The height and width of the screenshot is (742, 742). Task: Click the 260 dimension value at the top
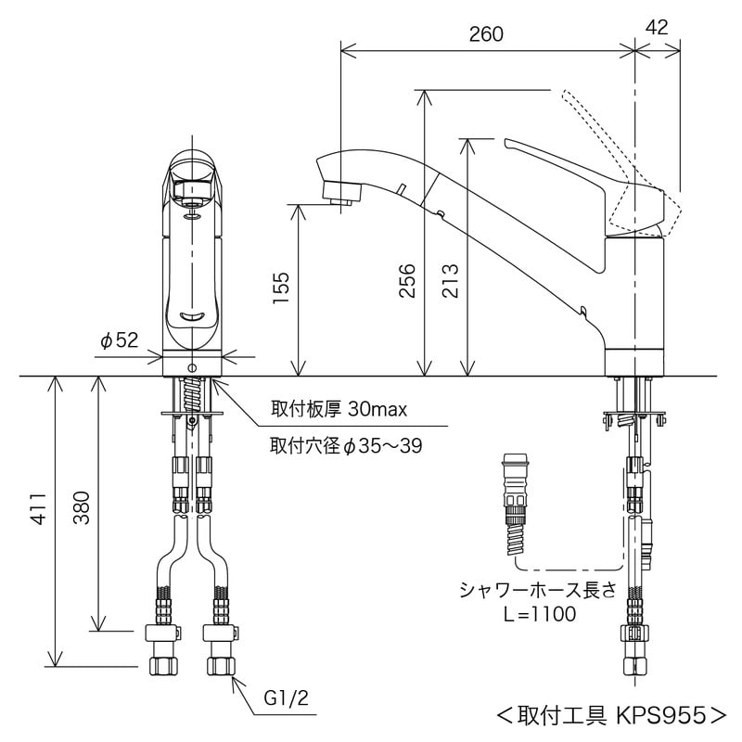click(x=486, y=34)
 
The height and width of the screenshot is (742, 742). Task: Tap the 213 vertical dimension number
click(x=449, y=277)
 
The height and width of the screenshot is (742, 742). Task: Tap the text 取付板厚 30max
click(x=339, y=408)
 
